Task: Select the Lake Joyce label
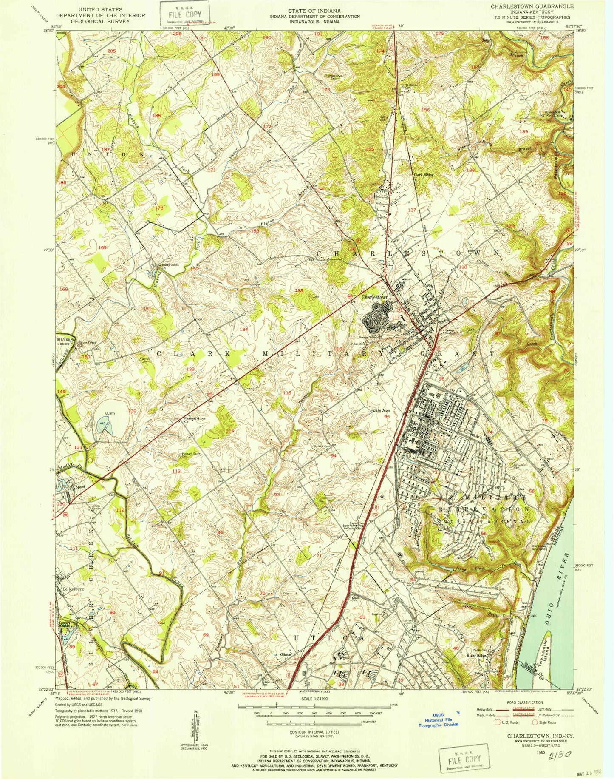click(x=381, y=411)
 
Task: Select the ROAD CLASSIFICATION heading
click(x=522, y=702)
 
